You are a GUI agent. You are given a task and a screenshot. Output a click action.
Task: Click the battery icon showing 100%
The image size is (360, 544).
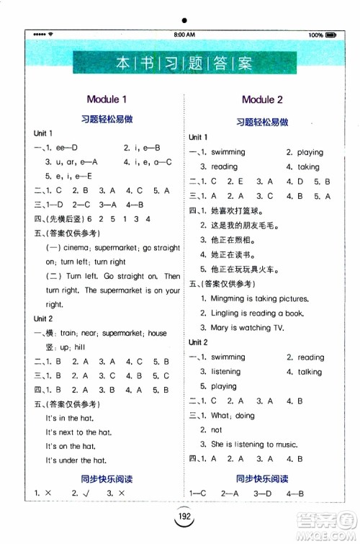click(330, 35)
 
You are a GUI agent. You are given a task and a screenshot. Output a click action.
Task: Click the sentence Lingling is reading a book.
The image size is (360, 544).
click(247, 313)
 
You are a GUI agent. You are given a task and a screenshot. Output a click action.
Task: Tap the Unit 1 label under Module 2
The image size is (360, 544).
click(199, 137)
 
